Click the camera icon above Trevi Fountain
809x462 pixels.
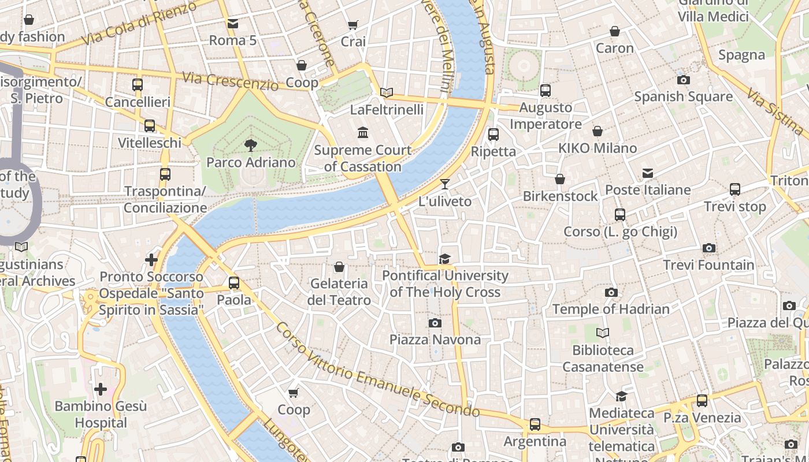tap(709, 248)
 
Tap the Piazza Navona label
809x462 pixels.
tap(435, 340)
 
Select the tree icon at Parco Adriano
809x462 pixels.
tap(250, 145)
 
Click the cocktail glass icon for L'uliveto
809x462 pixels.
tap(444, 184)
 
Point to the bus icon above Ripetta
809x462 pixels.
tap(493, 135)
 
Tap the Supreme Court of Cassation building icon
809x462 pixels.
tap(363, 133)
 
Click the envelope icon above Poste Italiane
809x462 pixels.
tap(647, 173)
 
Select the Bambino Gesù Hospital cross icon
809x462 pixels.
tap(101, 389)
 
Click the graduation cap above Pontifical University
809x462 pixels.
tap(444, 259)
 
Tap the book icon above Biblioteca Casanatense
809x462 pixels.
tap(603, 333)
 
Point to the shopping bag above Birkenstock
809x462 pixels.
tap(559, 179)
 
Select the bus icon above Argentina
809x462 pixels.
tap(535, 424)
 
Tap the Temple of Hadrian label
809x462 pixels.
tap(611, 309)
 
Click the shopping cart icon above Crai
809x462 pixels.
tap(352, 25)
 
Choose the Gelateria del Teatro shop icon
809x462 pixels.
tap(339, 267)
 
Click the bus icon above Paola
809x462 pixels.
tap(233, 283)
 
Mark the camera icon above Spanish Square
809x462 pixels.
tap(683, 80)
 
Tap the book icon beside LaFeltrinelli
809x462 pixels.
tap(387, 92)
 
